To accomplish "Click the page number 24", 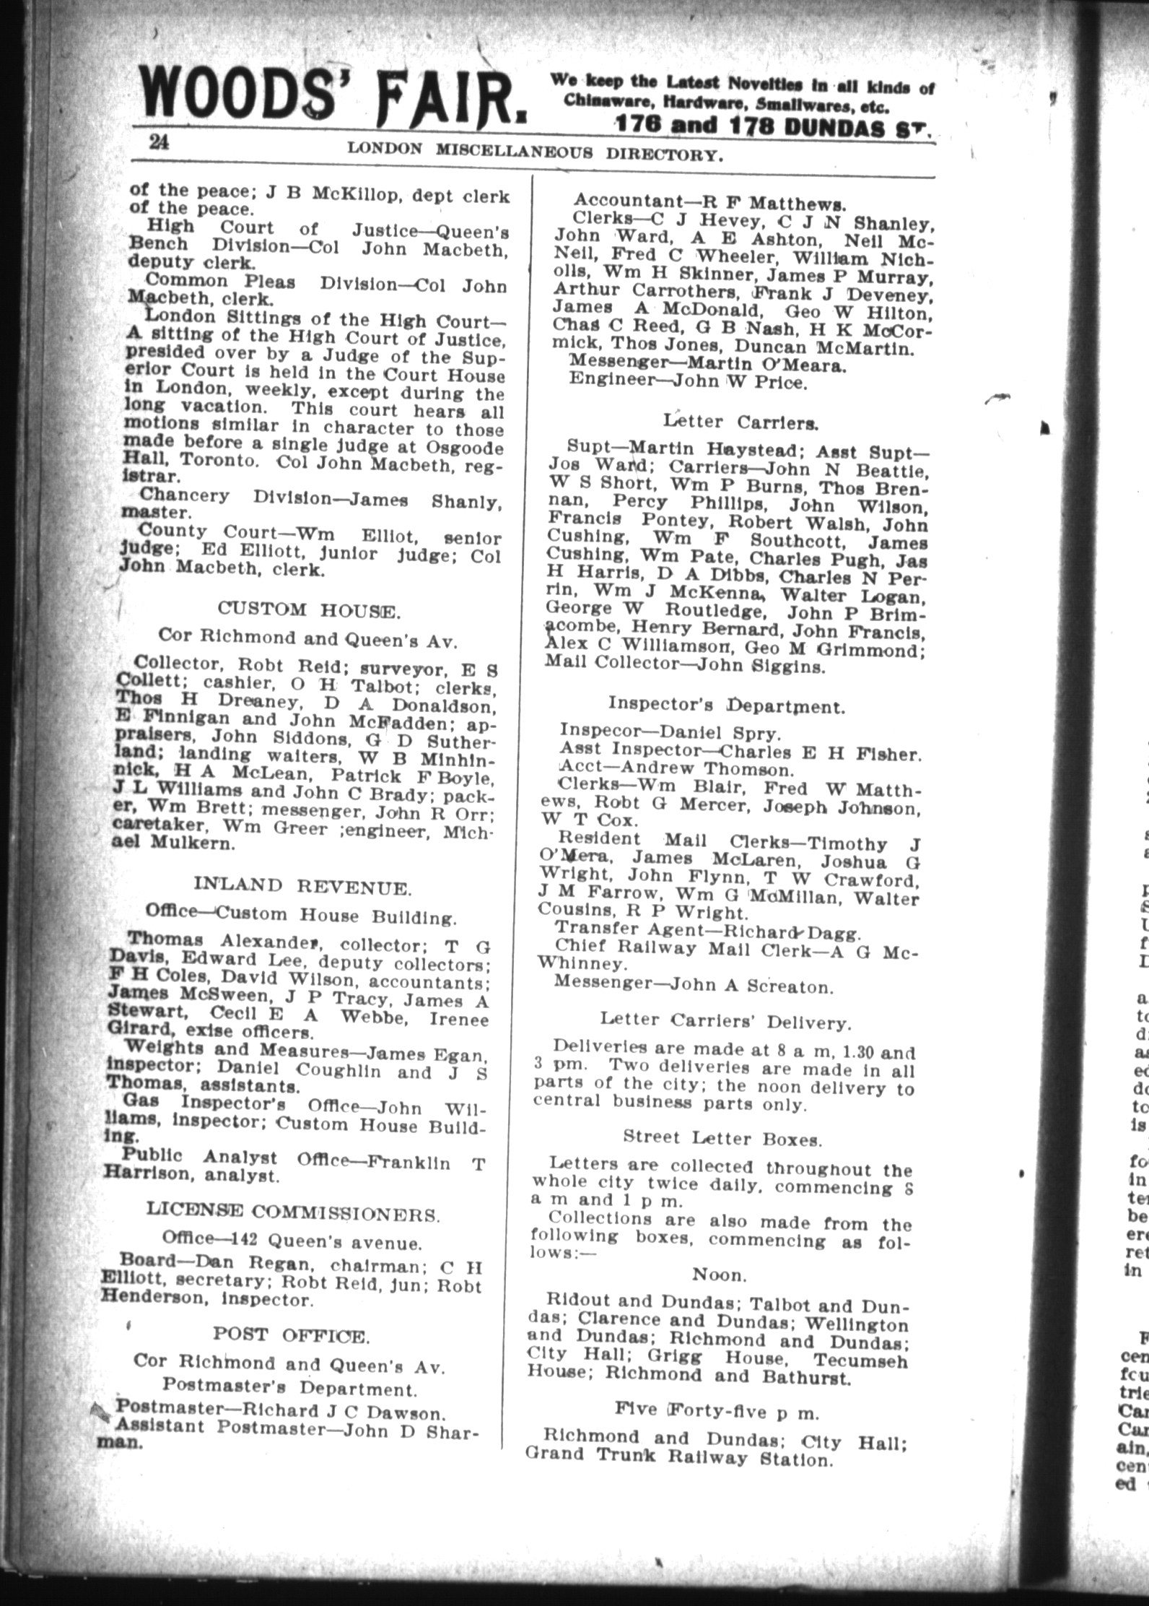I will (x=160, y=142).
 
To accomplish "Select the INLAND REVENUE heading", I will (x=302, y=886).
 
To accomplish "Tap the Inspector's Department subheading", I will (x=725, y=705).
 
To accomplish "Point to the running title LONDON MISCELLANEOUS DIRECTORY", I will (x=535, y=152).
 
